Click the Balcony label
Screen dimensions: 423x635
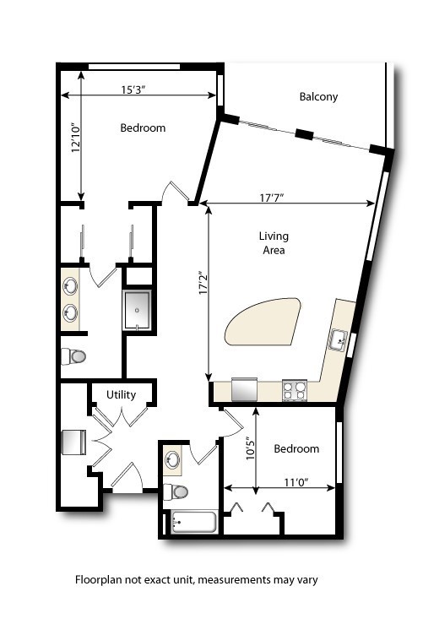tap(318, 97)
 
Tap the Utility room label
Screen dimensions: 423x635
tap(121, 395)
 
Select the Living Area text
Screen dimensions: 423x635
tap(274, 243)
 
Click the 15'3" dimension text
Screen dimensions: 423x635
tap(133, 90)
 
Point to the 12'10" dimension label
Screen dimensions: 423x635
tap(77, 138)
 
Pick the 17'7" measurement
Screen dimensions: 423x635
tap(271, 198)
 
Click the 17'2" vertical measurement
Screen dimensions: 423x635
tap(203, 282)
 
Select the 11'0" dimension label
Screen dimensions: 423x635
tap(296, 482)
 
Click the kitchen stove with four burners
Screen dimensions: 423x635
tap(295, 391)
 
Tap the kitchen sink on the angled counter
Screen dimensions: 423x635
tap(338, 340)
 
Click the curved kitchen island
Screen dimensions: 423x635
tap(263, 322)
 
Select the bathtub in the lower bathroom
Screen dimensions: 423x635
tap(193, 523)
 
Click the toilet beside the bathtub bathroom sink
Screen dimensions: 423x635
tap(176, 492)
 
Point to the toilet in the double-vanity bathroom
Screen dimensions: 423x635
tap(73, 357)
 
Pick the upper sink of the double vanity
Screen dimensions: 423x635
tap(70, 286)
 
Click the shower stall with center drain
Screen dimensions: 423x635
tap(138, 310)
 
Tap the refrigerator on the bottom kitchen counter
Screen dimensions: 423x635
tap(245, 389)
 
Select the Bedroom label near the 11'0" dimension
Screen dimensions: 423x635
tap(296, 448)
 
